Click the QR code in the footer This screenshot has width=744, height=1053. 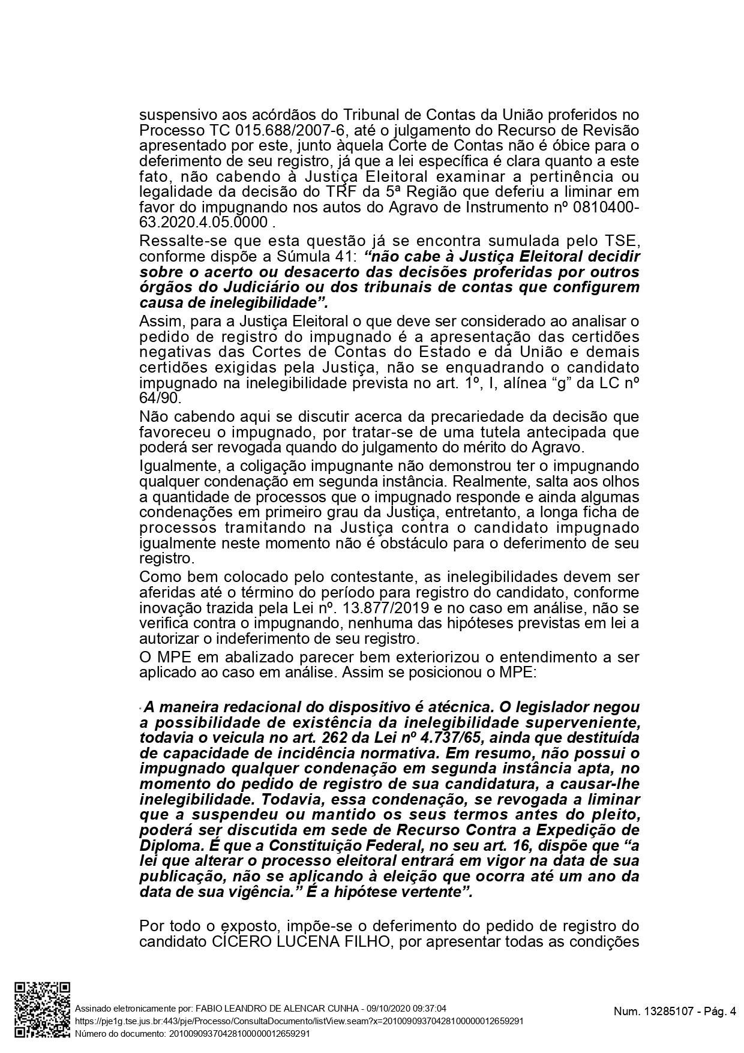click(x=42, y=1010)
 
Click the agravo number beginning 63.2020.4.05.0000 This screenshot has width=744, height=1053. click(x=203, y=223)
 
